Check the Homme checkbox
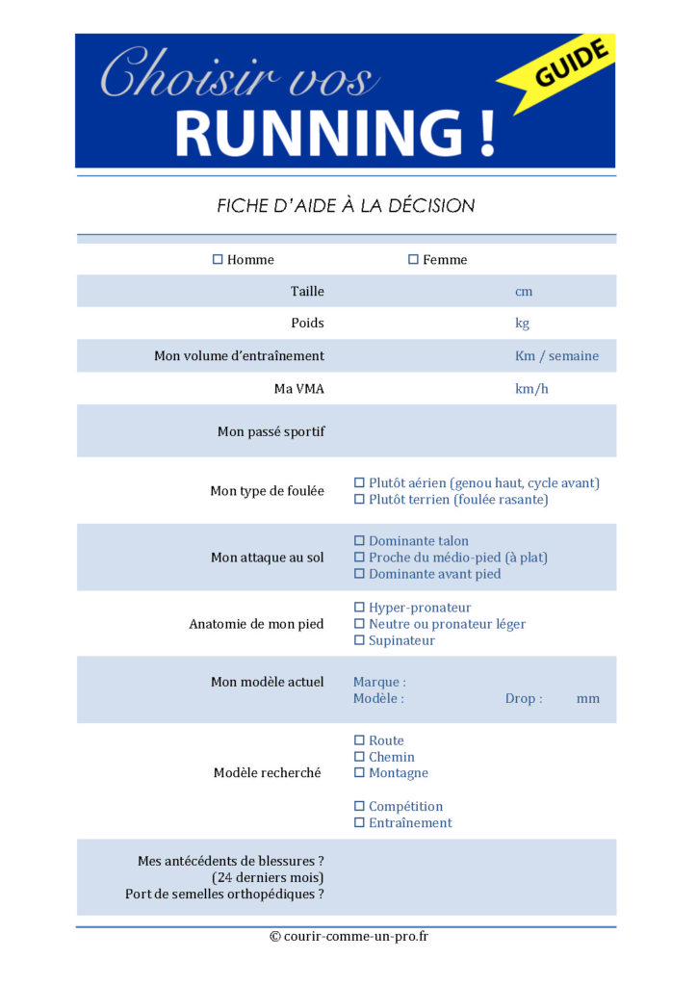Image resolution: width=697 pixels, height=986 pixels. pyautogui.click(x=218, y=259)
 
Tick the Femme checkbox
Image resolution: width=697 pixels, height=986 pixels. pyautogui.click(x=413, y=259)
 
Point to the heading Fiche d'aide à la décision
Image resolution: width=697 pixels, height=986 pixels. pyautogui.click(x=346, y=205)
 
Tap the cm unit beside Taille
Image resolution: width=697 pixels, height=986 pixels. pyautogui.click(x=524, y=291)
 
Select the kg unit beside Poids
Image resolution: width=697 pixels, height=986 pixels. pyautogui.click(x=522, y=324)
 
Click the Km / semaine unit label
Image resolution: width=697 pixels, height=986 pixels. pyautogui.click(x=556, y=356)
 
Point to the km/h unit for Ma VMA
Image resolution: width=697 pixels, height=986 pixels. pyautogui.click(x=531, y=389)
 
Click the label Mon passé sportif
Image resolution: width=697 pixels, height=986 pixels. pyautogui.click(x=271, y=431)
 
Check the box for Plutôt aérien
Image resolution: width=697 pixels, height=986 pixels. pyautogui.click(x=360, y=482)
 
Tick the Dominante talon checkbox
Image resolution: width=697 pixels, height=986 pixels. pyautogui.click(x=360, y=541)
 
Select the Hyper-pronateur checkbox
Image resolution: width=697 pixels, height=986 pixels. pyautogui.click(x=360, y=608)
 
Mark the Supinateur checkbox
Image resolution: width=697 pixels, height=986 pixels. pyautogui.click(x=360, y=640)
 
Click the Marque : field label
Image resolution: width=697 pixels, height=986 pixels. pyautogui.click(x=379, y=682)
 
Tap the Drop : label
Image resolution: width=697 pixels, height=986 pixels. pyautogui.click(x=524, y=698)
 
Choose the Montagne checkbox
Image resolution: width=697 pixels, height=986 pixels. pyautogui.click(x=360, y=772)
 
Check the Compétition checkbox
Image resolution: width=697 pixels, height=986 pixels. pyautogui.click(x=360, y=806)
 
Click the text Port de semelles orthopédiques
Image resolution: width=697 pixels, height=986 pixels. pyautogui.click(x=224, y=894)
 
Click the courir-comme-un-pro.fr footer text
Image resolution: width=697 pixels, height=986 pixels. pyautogui.click(x=348, y=936)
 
